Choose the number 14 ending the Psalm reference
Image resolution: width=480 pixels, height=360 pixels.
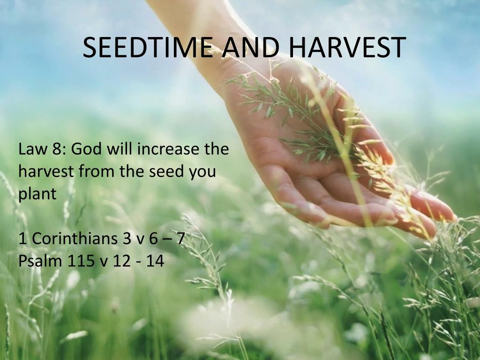tap(154, 261)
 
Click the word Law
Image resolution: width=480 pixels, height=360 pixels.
tap(32, 150)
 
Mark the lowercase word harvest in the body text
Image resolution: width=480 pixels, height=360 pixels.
tap(46, 172)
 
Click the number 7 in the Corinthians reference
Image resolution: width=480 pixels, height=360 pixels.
tap(180, 239)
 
